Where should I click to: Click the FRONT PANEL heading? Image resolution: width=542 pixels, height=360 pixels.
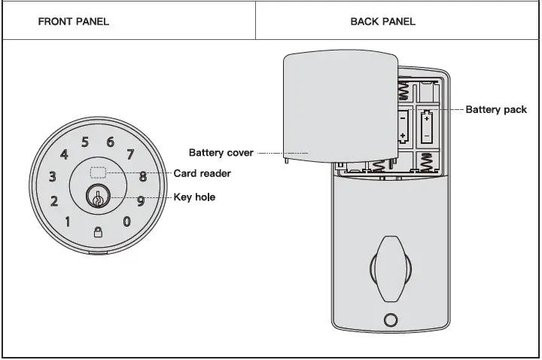[x=74, y=21]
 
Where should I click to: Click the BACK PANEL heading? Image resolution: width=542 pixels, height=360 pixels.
[x=382, y=21]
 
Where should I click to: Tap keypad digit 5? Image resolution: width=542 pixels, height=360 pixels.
[x=85, y=142]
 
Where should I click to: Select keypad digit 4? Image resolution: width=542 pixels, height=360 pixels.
[x=64, y=155]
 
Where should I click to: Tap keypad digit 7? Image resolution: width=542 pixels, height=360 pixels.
[x=130, y=155]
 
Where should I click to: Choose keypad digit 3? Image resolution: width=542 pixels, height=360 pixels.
[x=52, y=178]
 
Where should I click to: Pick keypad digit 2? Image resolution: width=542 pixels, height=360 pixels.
[x=54, y=201]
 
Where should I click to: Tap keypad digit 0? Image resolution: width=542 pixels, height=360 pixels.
[x=126, y=221]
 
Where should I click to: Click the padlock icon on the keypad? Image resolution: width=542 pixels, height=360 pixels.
[x=97, y=232]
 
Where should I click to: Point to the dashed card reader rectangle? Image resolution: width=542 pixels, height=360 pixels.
[x=97, y=172]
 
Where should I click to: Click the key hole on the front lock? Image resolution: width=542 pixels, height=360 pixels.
[x=97, y=198]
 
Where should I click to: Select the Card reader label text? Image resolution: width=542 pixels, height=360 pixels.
[x=202, y=173]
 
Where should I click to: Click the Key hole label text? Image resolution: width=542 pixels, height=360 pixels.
[x=194, y=197]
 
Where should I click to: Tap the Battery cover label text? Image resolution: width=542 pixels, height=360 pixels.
[x=221, y=153]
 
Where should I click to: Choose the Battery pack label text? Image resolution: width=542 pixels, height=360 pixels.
[x=496, y=110]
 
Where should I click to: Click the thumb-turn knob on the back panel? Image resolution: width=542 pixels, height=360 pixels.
[x=388, y=268]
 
